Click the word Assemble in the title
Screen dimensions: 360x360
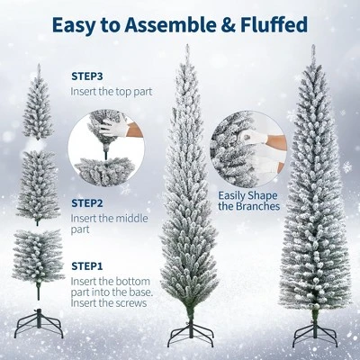click(167, 23)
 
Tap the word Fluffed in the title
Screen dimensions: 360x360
click(269, 23)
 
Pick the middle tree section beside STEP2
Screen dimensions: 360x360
click(38, 180)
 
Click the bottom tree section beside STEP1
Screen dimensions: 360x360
click(38, 254)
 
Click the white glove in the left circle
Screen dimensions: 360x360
click(112, 128)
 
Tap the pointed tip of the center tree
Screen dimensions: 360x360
click(188, 47)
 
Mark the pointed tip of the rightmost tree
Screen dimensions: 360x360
click(313, 47)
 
